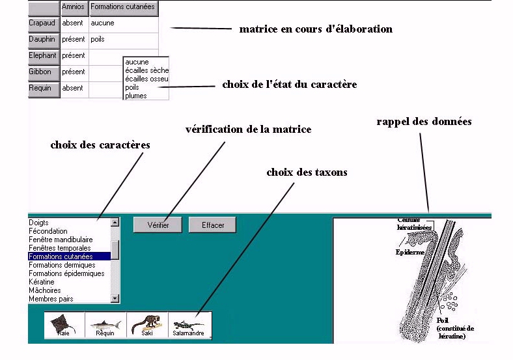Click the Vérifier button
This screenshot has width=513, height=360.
click(158, 225)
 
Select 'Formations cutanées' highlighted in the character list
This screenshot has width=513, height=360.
click(62, 256)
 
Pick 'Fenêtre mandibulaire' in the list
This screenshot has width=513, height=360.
click(61, 240)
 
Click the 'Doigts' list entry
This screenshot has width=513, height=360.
click(39, 223)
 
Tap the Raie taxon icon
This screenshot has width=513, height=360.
click(63, 325)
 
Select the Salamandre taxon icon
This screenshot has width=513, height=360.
click(189, 325)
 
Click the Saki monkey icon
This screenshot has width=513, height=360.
click(147, 325)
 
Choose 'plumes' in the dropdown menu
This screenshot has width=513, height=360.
click(136, 96)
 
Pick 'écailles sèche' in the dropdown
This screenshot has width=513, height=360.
click(146, 70)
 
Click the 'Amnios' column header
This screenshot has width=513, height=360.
click(74, 8)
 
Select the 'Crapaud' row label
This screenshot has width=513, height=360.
click(44, 23)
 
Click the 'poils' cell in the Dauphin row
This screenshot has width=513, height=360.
click(98, 39)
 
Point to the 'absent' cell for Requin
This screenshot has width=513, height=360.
click(74, 88)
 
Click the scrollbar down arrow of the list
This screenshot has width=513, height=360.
click(115, 299)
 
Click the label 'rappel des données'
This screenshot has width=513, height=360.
click(424, 122)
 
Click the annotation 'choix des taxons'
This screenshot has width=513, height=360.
click(307, 173)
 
